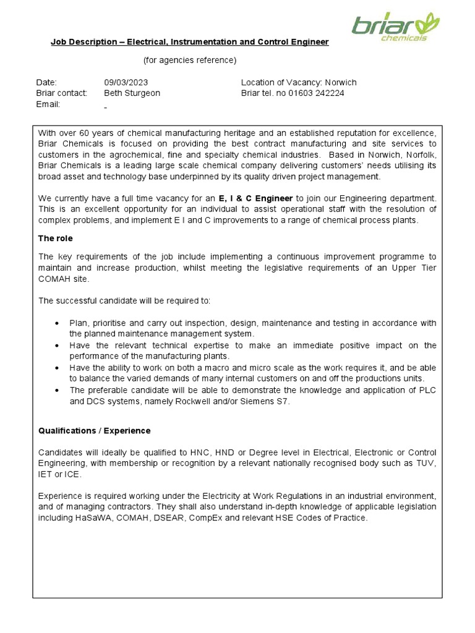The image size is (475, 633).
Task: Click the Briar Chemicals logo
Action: (396, 27)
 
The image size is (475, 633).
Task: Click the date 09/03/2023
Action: (126, 82)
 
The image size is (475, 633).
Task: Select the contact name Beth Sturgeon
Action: (132, 93)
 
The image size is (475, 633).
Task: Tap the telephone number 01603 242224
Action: (316, 93)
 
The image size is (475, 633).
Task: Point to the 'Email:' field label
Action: (48, 104)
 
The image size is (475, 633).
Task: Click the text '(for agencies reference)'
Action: (190, 60)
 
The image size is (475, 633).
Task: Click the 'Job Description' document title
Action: (189, 42)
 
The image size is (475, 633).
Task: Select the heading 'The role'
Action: (56, 238)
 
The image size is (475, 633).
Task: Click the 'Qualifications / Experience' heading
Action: (94, 430)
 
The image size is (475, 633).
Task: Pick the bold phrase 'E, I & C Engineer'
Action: (256, 198)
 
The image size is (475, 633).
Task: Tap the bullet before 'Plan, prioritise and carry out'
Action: (57, 323)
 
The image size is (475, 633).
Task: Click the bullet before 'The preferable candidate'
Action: (57, 390)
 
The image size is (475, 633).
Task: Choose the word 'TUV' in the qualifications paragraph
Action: (426, 463)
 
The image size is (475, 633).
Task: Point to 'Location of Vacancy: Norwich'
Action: (299, 82)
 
